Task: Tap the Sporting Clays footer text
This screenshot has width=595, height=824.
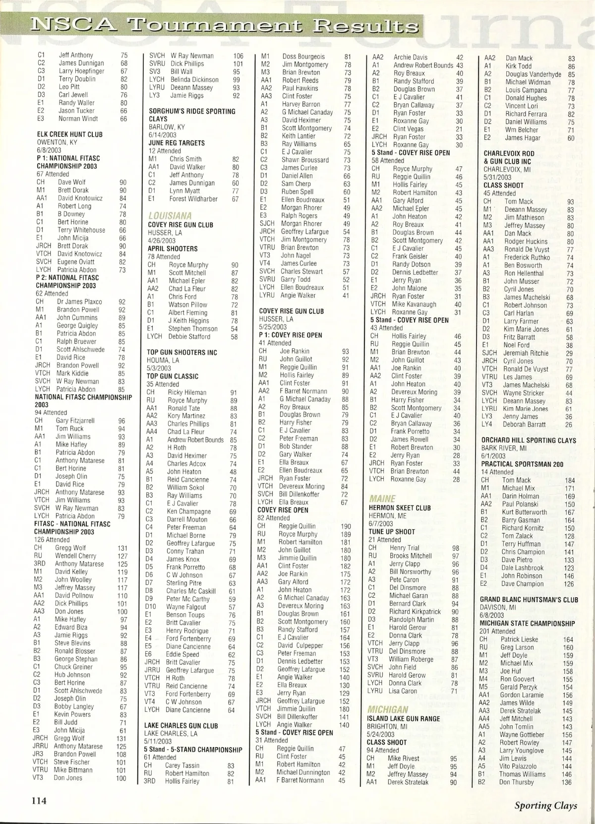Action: click(x=545, y=805)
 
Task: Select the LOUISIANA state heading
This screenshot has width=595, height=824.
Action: click(x=170, y=216)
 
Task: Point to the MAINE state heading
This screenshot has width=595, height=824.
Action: click(x=382, y=499)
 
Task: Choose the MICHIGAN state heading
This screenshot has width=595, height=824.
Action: click(x=388, y=709)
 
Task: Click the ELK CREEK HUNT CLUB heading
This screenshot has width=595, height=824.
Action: click(x=70, y=134)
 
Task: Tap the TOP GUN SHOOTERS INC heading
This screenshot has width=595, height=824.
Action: click(x=182, y=352)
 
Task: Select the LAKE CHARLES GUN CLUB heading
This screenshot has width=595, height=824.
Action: click(x=181, y=725)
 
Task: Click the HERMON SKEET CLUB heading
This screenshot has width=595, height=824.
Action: click(x=400, y=508)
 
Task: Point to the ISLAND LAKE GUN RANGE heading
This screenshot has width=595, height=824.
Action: click(x=403, y=718)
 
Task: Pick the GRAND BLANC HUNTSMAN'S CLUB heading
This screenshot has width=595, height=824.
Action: click(x=529, y=599)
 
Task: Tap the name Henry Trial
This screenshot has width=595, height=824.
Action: click(x=404, y=548)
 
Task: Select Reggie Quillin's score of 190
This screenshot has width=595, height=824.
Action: click(x=345, y=526)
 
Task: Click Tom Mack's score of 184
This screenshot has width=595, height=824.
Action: click(x=570, y=480)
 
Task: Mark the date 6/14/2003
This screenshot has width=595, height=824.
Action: click(x=163, y=135)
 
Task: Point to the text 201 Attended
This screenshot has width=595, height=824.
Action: click(x=496, y=631)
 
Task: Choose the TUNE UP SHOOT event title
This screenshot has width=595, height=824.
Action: click(x=392, y=531)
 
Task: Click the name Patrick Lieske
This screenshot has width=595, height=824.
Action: click(x=519, y=639)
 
